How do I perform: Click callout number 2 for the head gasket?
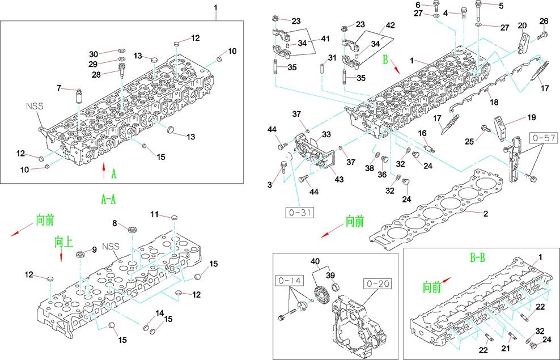pyautogui.click(x=485, y=214)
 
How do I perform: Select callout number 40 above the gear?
pyautogui.click(x=316, y=262)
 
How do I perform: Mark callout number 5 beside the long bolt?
pyautogui.click(x=500, y=6)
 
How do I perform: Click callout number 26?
pyautogui.click(x=544, y=22)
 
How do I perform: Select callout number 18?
pyautogui.click(x=494, y=103)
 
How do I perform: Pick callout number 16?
pyautogui.click(x=422, y=133)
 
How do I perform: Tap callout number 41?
pyautogui.click(x=324, y=39)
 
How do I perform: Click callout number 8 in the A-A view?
pyautogui.click(x=114, y=223)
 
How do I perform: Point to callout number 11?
pyautogui.click(x=154, y=214)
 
